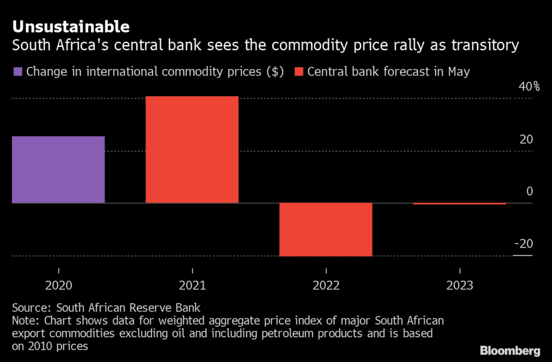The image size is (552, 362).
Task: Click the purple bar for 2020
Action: pyautogui.click(x=58, y=170)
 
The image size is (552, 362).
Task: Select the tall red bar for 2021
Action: pyautogui.click(x=192, y=150)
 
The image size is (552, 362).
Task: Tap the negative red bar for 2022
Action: pyautogui.click(x=326, y=229)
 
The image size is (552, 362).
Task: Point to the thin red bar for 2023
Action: pyautogui.click(x=459, y=204)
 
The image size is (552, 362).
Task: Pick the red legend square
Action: pyautogui.click(x=299, y=72)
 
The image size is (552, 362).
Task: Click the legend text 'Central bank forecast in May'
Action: pyautogui.click(x=389, y=72)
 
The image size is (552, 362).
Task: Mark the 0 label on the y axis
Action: pyautogui.click(x=529, y=192)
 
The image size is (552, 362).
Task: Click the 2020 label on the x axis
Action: pyautogui.click(x=58, y=285)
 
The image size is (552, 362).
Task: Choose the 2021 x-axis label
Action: pyautogui.click(x=192, y=285)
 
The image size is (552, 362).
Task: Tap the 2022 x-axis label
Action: pyautogui.click(x=326, y=285)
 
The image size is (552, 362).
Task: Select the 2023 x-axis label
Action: pyautogui.click(x=459, y=285)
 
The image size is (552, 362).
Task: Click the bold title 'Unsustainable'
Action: pyautogui.click(x=71, y=26)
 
